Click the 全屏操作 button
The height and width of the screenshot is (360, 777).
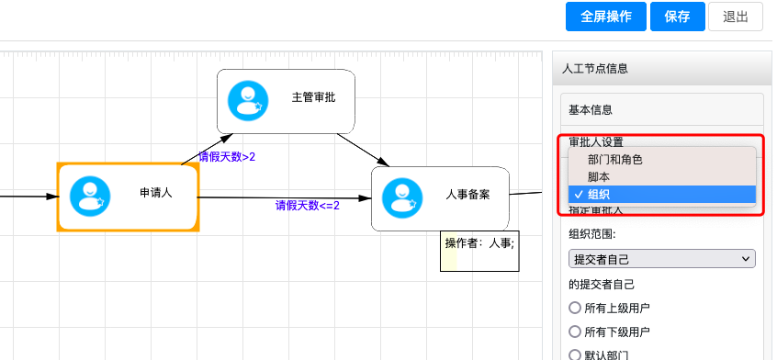point(606,17)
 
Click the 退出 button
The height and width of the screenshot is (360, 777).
point(736,17)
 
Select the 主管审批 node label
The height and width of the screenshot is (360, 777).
point(313,97)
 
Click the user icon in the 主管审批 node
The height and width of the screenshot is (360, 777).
point(247,100)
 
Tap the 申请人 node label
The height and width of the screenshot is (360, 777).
point(156,193)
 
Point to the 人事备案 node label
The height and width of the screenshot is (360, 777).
point(467,195)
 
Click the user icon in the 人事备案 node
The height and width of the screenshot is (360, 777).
point(401,197)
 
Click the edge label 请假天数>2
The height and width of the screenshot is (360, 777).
point(227,157)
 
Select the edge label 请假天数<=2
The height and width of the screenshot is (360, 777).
point(308,206)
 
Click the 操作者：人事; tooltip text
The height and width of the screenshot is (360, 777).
point(479,243)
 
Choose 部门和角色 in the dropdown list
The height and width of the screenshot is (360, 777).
point(615,160)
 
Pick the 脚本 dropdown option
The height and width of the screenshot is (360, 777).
point(598,176)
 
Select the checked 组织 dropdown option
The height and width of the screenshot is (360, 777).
point(598,194)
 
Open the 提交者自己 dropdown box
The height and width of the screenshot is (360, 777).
point(661,260)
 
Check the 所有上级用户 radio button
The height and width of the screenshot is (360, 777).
point(576,308)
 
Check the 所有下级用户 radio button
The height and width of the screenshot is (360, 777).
point(576,332)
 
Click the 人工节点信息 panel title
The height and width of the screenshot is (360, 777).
point(595,69)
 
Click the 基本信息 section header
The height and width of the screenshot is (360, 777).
point(591,109)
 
